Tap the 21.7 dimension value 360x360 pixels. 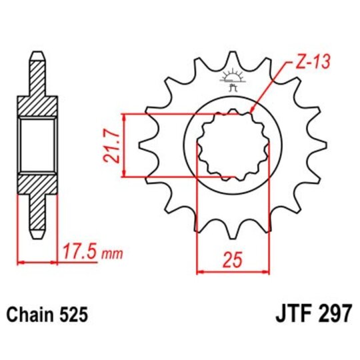(111, 145)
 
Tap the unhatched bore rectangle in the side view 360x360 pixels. (37, 144)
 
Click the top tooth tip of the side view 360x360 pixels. (37, 55)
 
